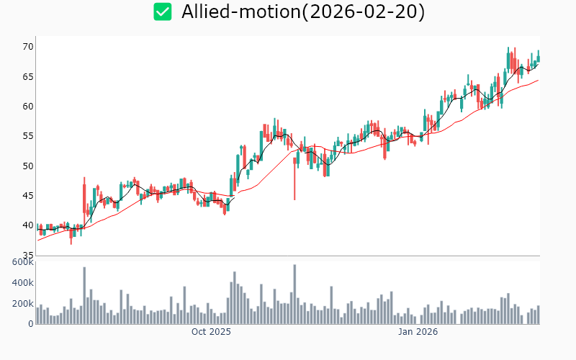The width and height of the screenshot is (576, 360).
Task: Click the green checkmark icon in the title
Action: [x=163, y=12]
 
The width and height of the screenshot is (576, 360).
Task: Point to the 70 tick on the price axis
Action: [x=27, y=47]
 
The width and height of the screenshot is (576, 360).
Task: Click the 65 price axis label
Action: [x=27, y=76]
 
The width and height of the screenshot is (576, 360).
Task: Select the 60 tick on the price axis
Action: [x=27, y=107]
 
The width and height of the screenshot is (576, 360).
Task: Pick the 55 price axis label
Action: [x=27, y=136]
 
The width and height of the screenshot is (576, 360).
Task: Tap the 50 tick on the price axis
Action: [x=27, y=166]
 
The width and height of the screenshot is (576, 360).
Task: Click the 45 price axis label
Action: [x=27, y=196]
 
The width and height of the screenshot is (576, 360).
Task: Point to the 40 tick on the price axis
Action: [x=27, y=226]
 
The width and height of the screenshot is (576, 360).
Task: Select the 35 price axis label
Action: [x=27, y=256]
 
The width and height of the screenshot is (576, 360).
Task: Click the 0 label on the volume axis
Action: [x=30, y=324]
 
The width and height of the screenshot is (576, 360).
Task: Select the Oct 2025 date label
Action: [x=211, y=332]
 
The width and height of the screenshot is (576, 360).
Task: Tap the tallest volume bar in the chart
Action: [x=294, y=294]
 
